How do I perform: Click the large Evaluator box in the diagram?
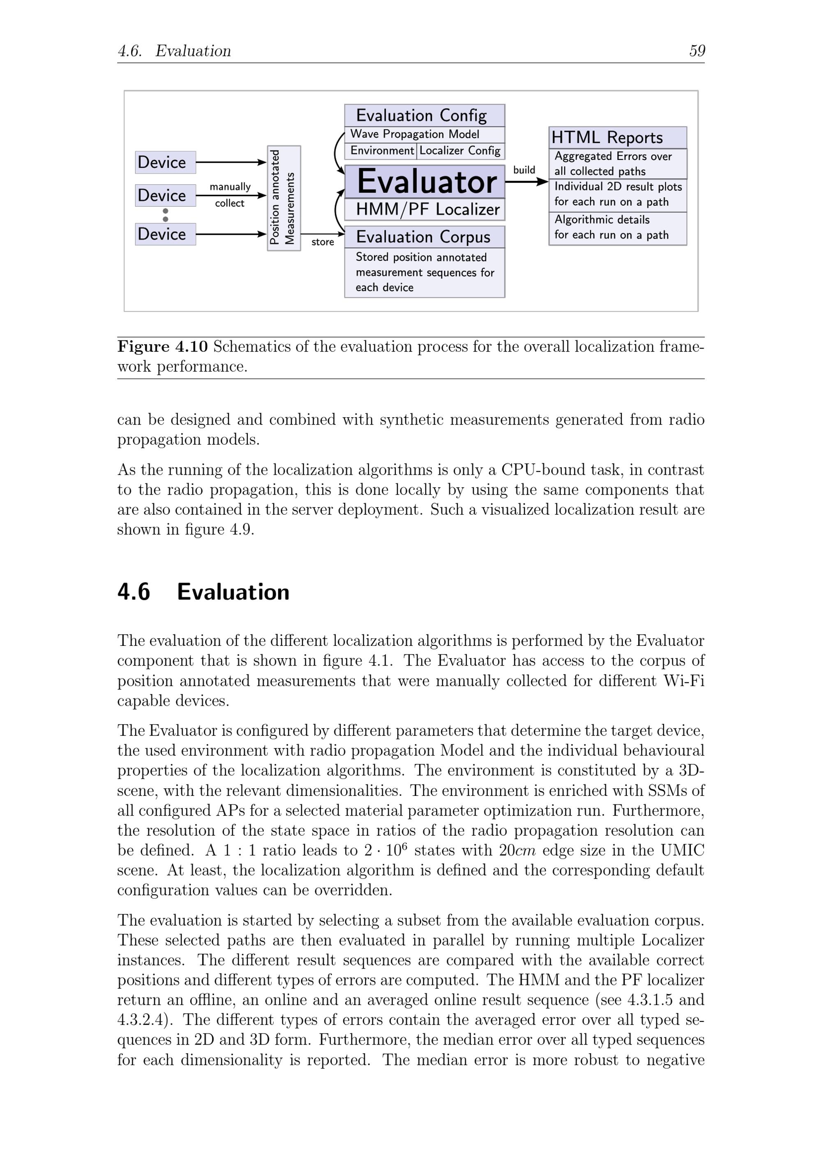click(425, 181)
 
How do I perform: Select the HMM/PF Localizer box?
click(425, 209)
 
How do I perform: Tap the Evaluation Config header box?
click(425, 116)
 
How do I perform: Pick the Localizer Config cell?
click(460, 150)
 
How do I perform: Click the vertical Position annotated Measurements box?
click(284, 198)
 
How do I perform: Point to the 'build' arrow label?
click(524, 170)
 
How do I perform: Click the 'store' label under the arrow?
click(323, 242)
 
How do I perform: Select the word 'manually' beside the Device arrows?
click(230, 187)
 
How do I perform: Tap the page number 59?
click(697, 51)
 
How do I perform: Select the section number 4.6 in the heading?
click(134, 592)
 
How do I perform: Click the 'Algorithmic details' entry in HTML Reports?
click(602, 220)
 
